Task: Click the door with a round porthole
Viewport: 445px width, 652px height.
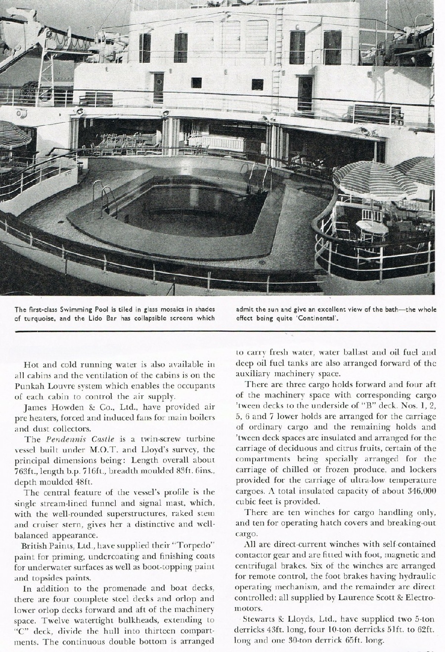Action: coord(158,87)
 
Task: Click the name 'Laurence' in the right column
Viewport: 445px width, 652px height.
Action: coord(356,597)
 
